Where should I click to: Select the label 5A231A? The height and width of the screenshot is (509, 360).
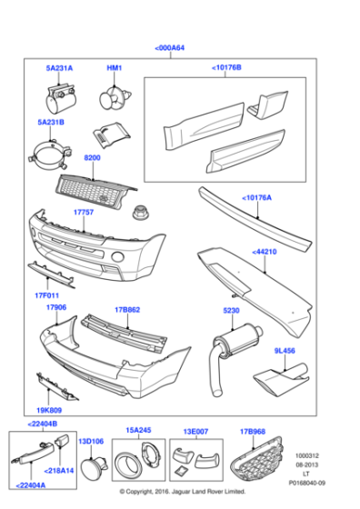(x=60, y=68)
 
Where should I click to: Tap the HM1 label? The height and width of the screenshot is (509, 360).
(x=115, y=68)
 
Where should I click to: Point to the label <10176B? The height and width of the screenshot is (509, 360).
(x=226, y=67)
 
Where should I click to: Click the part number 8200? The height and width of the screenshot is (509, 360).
(x=93, y=158)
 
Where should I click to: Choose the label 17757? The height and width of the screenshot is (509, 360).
(x=83, y=213)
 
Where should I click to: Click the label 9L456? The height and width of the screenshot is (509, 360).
(x=285, y=349)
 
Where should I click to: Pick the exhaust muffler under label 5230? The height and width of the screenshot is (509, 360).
(x=230, y=350)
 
